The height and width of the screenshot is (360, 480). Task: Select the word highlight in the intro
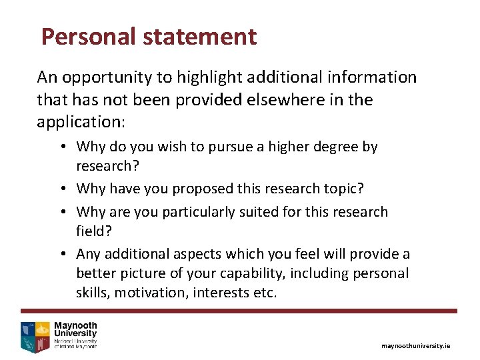(x=209, y=78)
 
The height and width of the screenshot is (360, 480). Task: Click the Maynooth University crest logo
(x=35, y=336)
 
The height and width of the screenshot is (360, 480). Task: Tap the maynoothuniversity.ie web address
(x=415, y=346)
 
